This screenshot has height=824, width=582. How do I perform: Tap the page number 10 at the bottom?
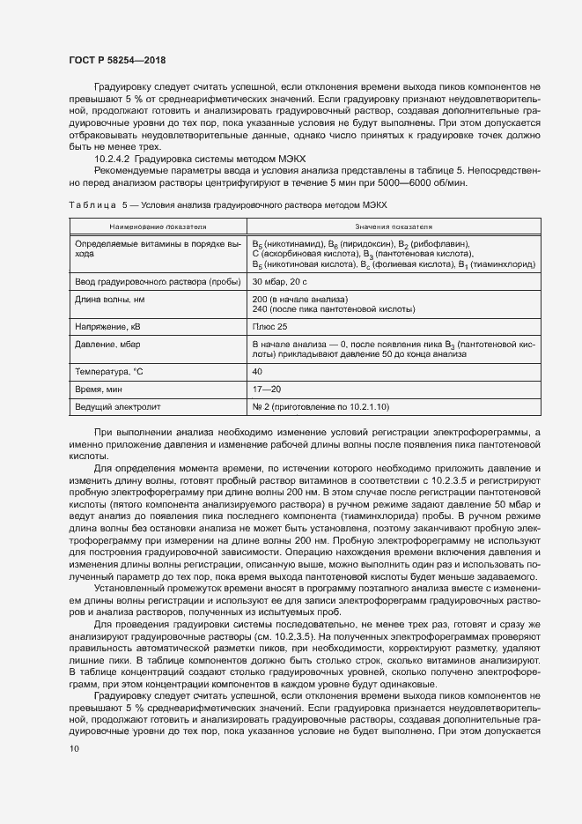tap(74, 748)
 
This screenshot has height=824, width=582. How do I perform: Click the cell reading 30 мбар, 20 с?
tap(279, 281)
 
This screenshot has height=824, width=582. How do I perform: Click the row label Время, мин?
tap(99, 390)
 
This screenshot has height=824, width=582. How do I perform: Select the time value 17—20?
tap(267, 390)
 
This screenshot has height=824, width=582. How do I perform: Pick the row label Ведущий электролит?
tap(117, 406)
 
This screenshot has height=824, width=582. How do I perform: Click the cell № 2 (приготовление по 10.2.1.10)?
tap(320, 406)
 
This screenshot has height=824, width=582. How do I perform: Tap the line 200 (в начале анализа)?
tap(294, 298)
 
